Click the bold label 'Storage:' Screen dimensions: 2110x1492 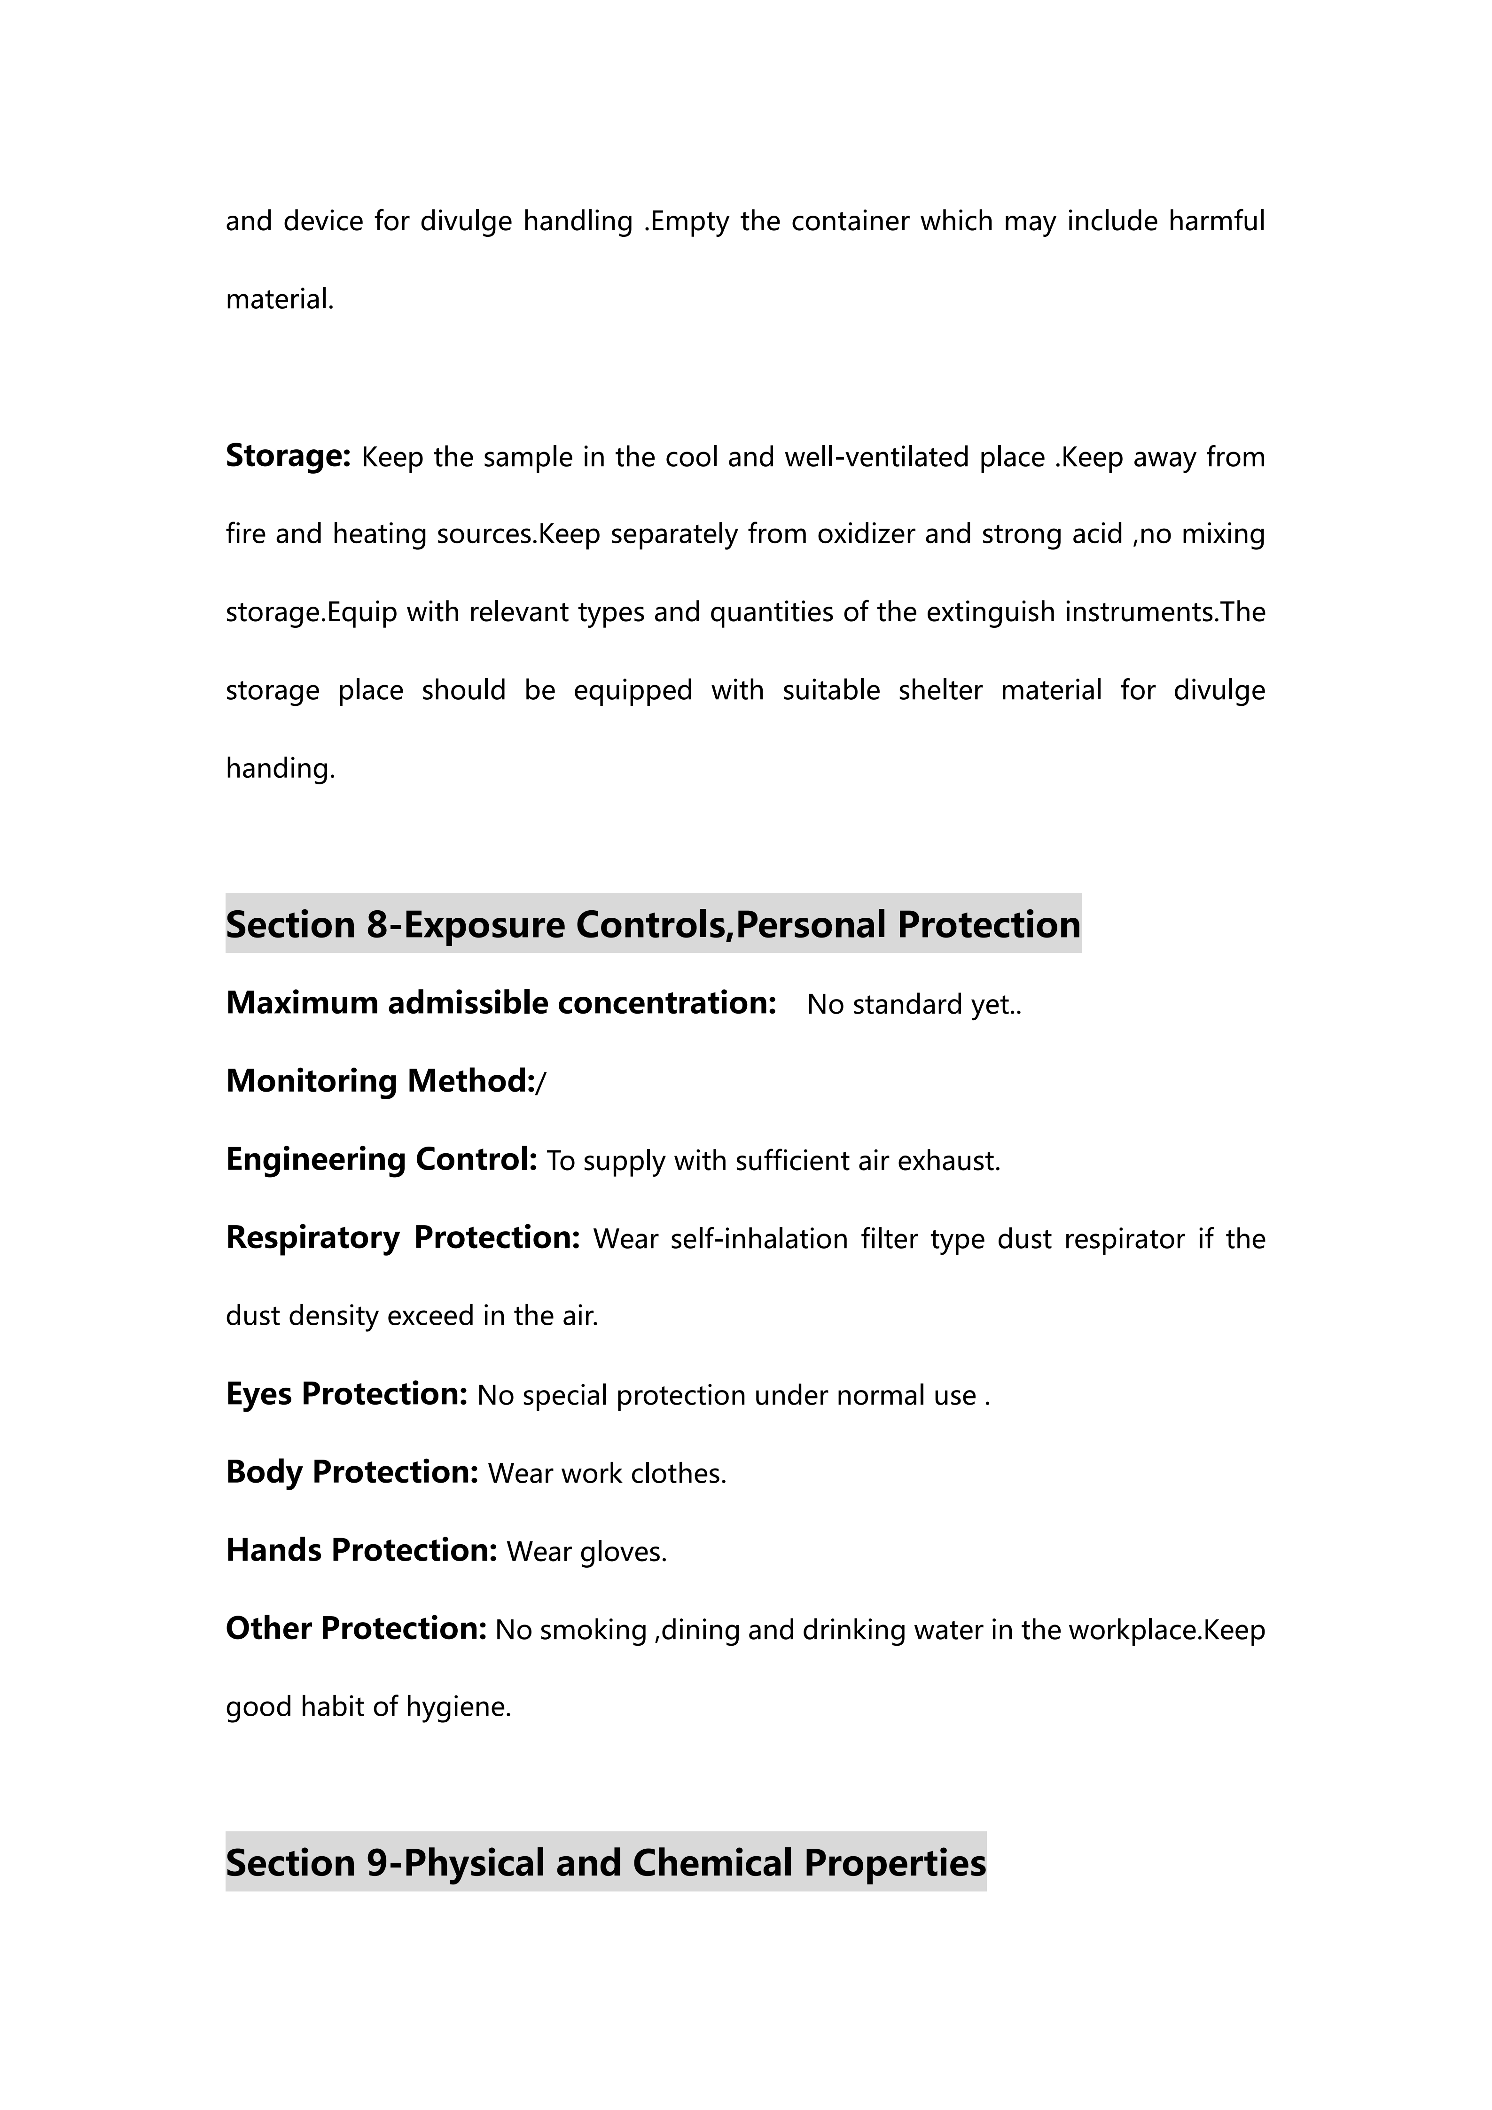(x=288, y=456)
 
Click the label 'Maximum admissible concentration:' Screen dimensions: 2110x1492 (x=501, y=1003)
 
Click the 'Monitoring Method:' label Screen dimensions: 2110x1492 (x=380, y=1081)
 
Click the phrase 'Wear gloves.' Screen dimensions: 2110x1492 (x=586, y=1552)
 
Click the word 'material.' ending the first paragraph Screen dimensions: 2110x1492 (x=279, y=300)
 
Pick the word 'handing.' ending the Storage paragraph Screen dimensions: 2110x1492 (x=280, y=768)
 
